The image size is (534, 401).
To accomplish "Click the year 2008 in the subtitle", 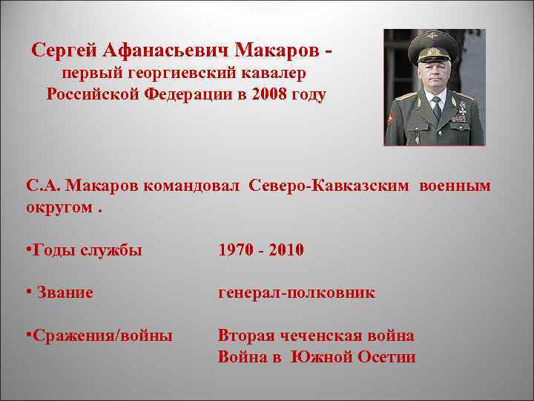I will (268, 94).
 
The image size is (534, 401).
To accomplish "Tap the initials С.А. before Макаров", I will (42, 185).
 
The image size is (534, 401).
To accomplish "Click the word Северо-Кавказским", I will (329, 185).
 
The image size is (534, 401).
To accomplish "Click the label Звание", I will (64, 293).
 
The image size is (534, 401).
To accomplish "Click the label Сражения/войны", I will (99, 336).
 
